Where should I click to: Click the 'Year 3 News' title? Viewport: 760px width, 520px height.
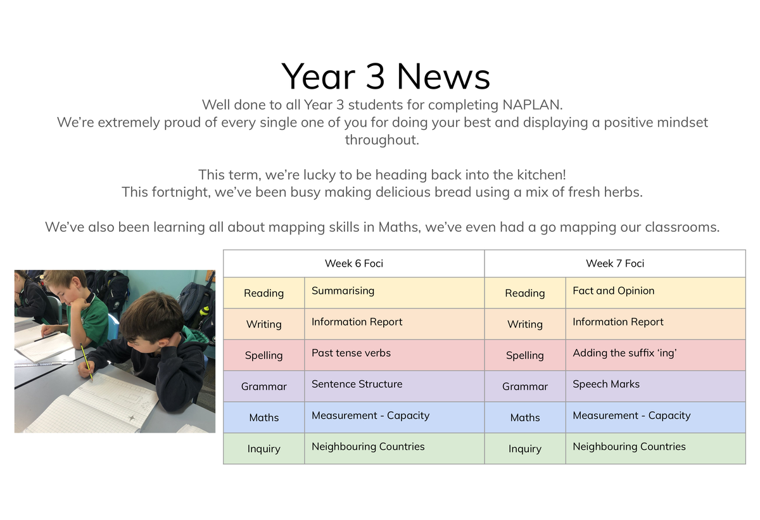(386, 77)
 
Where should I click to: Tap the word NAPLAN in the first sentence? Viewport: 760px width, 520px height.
(532, 105)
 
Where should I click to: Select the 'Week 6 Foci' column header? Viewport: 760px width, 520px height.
(354, 263)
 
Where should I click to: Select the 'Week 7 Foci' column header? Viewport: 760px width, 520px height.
(615, 263)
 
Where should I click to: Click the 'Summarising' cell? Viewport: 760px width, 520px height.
(394, 293)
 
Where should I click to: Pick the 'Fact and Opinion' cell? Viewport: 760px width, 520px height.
(655, 293)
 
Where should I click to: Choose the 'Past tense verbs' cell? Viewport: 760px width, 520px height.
(394, 355)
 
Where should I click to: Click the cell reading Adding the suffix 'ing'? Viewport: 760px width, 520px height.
(655, 355)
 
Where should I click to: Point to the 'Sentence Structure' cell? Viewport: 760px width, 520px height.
(394, 386)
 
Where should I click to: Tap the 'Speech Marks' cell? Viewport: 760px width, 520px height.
(655, 386)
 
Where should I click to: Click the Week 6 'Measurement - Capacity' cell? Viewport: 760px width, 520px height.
(394, 417)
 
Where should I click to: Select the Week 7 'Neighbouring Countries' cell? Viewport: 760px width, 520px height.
(655, 449)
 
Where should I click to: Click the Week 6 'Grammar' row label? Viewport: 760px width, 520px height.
(264, 386)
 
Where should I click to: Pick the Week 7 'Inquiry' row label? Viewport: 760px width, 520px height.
(525, 449)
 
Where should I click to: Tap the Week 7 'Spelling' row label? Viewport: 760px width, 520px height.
(525, 355)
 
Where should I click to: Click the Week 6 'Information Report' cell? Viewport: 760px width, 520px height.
(394, 324)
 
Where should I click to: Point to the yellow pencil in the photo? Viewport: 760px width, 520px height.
(86, 362)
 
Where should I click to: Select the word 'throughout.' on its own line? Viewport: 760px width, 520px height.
(382, 140)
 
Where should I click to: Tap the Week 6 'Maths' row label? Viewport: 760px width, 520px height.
(264, 417)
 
